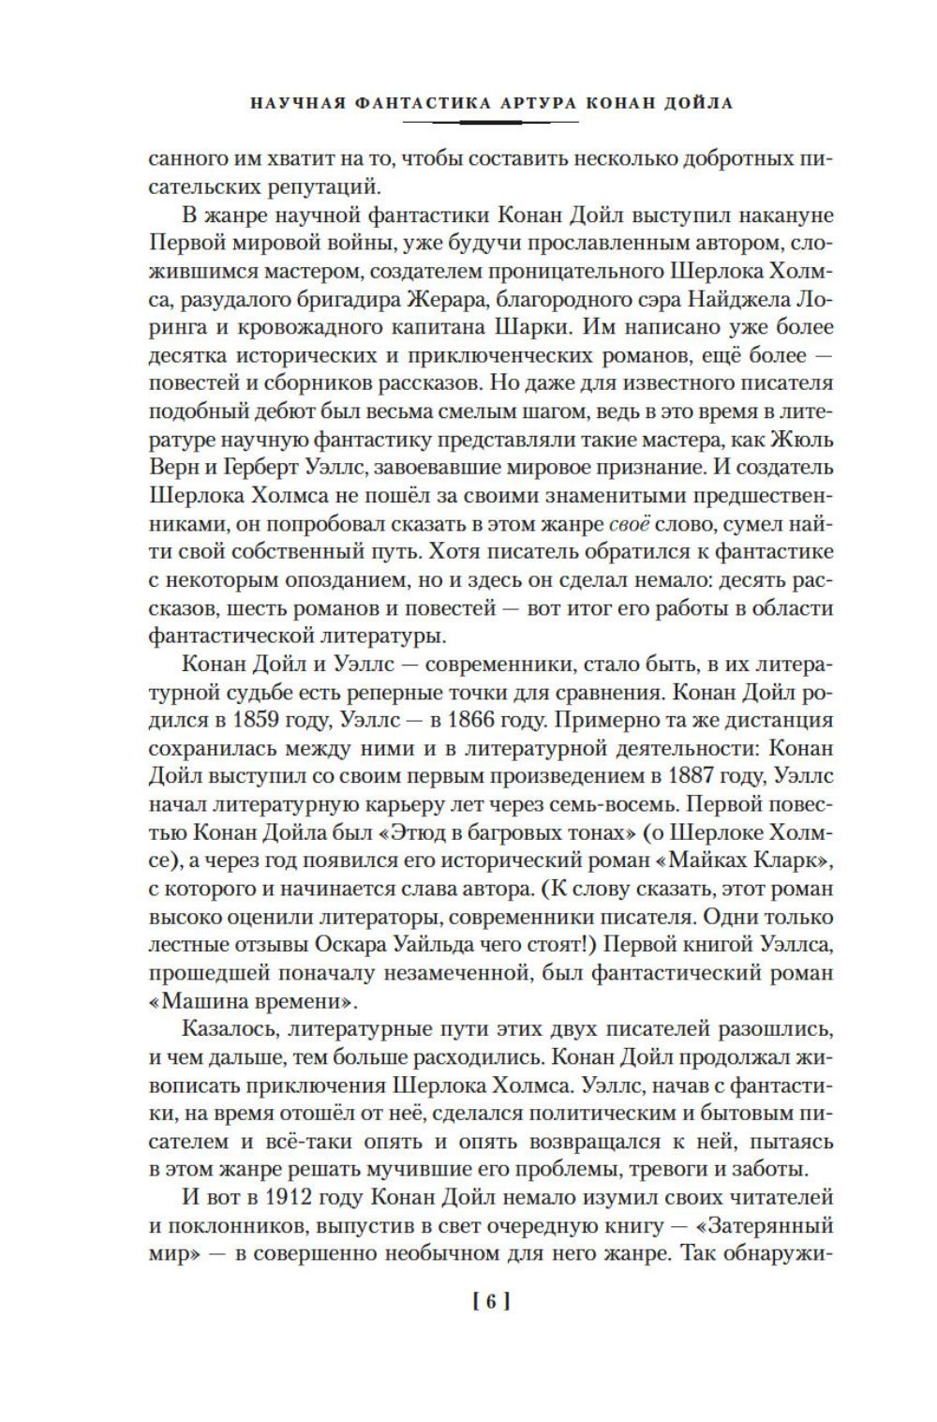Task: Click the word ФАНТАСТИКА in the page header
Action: click(402, 103)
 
